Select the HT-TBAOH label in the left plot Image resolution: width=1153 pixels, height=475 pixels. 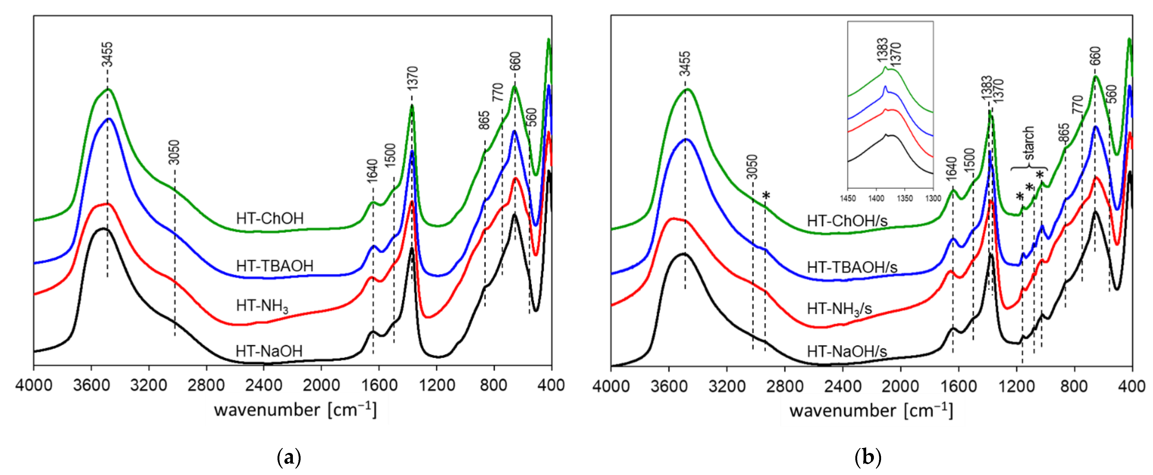[274, 266]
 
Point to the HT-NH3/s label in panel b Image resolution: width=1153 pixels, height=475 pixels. [839, 309]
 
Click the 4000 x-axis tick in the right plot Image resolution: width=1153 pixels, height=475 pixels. [611, 386]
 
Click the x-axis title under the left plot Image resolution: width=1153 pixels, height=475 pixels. [295, 410]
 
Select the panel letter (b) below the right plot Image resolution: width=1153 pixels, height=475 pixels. [868, 457]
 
